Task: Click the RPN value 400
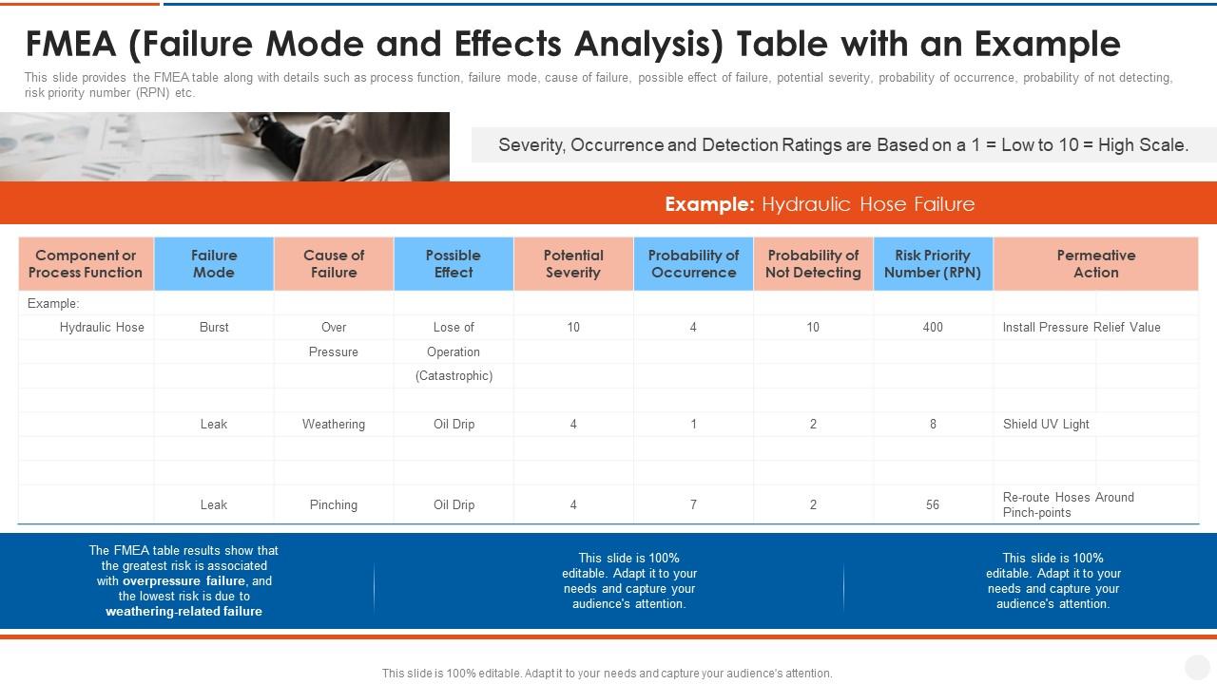(x=933, y=327)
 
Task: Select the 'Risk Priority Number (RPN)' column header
(x=933, y=264)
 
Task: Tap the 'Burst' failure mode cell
(x=214, y=327)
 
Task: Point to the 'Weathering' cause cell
(x=334, y=424)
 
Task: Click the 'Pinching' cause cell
(x=334, y=504)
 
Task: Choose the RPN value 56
(x=933, y=504)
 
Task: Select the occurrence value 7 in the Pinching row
(x=693, y=504)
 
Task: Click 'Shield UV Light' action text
(x=1046, y=424)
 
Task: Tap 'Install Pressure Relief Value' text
(x=1081, y=327)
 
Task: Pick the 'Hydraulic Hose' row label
(x=102, y=327)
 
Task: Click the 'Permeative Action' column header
(x=1095, y=264)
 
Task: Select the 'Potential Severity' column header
(x=573, y=264)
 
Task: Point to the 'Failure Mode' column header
(x=214, y=264)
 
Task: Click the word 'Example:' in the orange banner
(x=709, y=204)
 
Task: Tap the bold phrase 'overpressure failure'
(x=184, y=580)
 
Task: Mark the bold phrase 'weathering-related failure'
(x=184, y=612)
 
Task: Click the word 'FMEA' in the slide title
(x=68, y=44)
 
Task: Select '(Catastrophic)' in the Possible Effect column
(x=454, y=375)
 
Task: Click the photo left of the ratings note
(x=224, y=146)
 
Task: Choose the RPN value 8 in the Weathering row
(x=933, y=424)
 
